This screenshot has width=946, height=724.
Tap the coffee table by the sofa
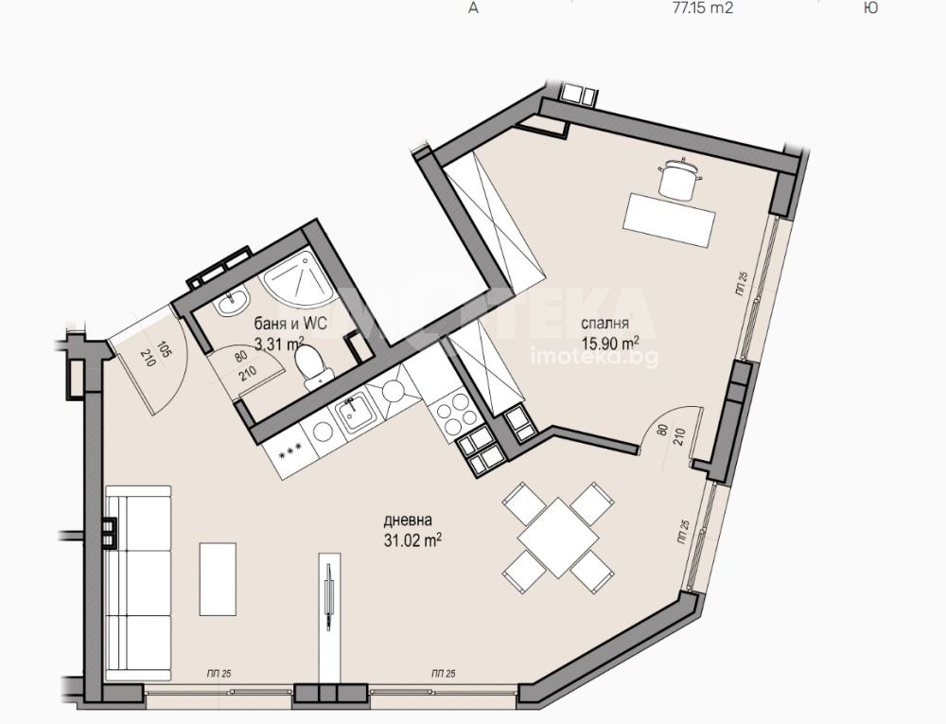click(x=219, y=577)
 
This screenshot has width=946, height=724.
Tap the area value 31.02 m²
click(x=413, y=540)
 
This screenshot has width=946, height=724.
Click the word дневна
click(x=408, y=521)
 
